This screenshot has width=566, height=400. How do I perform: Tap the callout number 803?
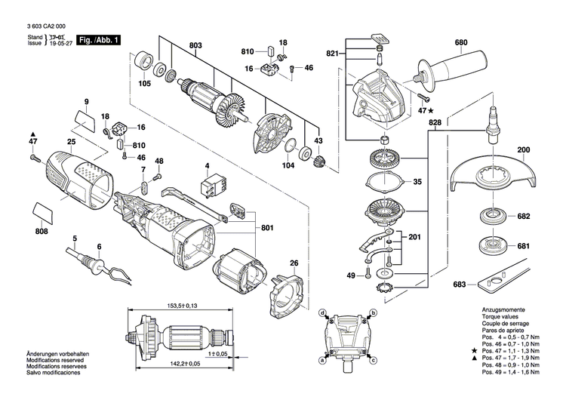(x=196, y=48)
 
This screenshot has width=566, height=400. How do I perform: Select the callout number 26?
(x=294, y=263)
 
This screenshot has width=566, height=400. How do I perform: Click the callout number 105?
(x=145, y=84)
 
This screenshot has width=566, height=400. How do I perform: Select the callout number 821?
(x=332, y=54)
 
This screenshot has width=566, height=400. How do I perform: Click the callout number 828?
(x=434, y=122)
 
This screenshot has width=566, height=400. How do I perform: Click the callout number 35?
(x=417, y=182)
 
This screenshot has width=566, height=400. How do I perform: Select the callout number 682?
(x=524, y=217)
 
